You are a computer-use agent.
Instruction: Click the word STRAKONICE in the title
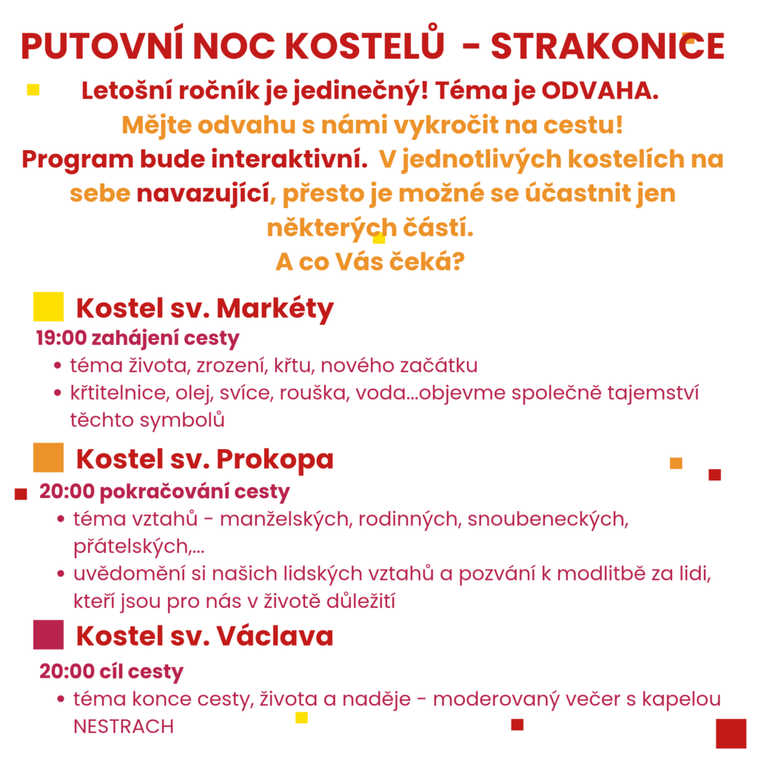(x=607, y=46)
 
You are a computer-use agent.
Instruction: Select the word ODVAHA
(x=600, y=93)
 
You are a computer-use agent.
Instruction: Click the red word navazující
(x=201, y=194)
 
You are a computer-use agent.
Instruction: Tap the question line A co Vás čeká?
(x=370, y=262)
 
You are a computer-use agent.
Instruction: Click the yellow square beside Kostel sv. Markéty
(x=48, y=306)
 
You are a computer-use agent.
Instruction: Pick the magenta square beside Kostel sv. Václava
(x=48, y=635)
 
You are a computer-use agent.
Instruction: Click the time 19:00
(x=60, y=339)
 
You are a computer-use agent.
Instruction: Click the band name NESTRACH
(x=123, y=726)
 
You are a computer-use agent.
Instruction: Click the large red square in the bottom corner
(x=731, y=733)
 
